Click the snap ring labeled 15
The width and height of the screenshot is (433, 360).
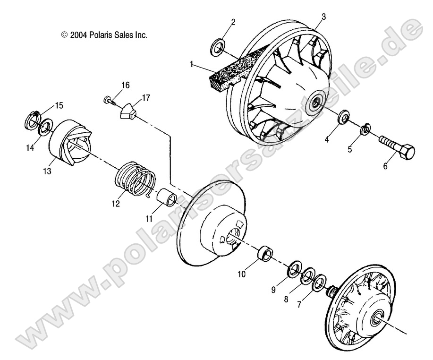pyautogui.click(x=33, y=120)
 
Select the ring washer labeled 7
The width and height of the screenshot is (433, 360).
pyautogui.click(x=319, y=282)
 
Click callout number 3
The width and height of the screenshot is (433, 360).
pyautogui.click(x=323, y=17)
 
